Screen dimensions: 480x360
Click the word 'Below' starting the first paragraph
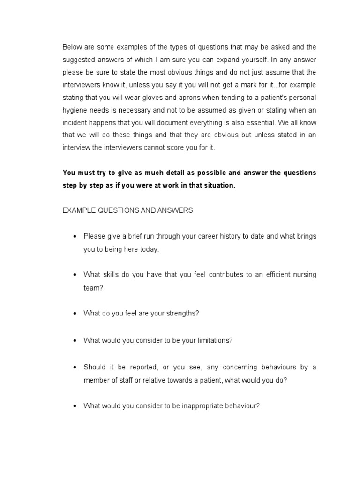click(x=72, y=46)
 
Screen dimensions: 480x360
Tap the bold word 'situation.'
click(x=218, y=185)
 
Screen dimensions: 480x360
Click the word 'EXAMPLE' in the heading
click(x=79, y=210)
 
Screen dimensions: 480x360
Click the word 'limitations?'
click(x=213, y=340)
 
